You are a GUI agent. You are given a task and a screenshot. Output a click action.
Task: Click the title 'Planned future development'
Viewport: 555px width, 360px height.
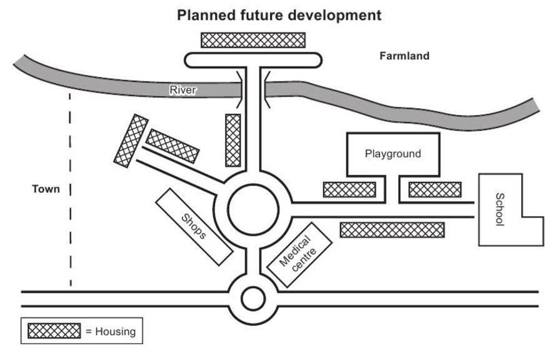pos(279,16)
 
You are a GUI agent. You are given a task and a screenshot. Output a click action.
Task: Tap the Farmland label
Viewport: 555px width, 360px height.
pos(404,56)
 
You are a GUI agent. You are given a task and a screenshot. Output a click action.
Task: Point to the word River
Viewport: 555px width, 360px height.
pos(182,90)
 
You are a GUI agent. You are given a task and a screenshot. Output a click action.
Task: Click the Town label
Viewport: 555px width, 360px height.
pos(46,189)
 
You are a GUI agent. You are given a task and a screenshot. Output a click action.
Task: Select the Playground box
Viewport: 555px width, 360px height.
pos(393,154)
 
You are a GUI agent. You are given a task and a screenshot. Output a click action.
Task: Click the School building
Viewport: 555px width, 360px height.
pos(500,209)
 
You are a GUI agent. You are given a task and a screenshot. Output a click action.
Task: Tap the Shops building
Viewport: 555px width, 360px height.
pos(194,226)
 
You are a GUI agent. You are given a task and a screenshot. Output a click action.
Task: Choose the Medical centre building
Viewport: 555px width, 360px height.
pos(299,254)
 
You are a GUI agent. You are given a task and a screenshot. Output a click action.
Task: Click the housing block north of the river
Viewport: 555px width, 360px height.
pos(253,40)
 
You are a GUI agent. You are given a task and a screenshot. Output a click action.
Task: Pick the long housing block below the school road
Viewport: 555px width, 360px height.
pos(392,230)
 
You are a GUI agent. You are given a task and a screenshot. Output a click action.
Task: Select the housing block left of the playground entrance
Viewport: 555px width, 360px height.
pos(349,190)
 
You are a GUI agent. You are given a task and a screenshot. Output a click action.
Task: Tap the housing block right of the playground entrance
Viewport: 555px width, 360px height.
pos(435,190)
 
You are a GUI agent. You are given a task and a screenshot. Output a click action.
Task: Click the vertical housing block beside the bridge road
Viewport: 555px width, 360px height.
pos(233,140)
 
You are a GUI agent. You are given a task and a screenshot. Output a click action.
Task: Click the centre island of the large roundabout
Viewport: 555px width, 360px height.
pos(253,209)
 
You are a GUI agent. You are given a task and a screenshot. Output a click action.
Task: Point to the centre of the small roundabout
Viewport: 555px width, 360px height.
pos(253,298)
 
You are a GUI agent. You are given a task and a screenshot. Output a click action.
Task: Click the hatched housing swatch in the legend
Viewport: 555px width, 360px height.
pos(54,331)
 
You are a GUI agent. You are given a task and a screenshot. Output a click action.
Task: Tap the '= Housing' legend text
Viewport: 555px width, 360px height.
pos(111,332)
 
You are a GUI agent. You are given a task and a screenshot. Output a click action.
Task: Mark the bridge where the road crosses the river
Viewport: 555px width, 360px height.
pos(253,89)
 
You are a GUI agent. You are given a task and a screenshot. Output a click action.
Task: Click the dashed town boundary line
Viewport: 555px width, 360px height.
pos(70,190)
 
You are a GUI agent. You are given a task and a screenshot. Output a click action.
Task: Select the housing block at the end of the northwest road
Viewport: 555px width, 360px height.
pos(131,141)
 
